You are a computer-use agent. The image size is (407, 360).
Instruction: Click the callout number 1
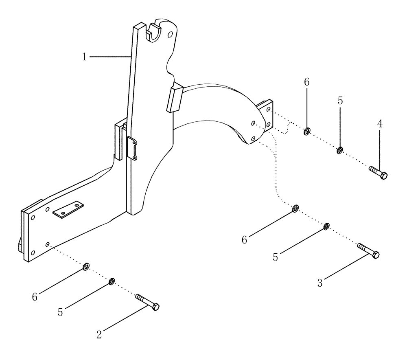coord(84,57)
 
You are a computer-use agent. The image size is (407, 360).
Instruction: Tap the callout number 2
coord(99,334)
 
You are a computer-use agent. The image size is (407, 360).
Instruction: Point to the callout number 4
coord(380,124)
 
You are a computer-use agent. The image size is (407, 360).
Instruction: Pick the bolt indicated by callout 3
coord(368,250)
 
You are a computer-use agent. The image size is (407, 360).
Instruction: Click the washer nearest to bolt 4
coord(339,151)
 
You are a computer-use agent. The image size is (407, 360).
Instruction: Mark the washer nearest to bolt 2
coord(111,281)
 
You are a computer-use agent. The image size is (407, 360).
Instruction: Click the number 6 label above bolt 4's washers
coord(306,82)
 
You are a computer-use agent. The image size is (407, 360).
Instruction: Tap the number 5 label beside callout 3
coord(276,258)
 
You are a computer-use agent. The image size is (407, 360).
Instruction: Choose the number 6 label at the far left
coord(35,297)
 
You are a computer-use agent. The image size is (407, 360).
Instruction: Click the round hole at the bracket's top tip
coord(170,34)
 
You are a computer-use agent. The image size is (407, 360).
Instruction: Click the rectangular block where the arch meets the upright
coord(173,98)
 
